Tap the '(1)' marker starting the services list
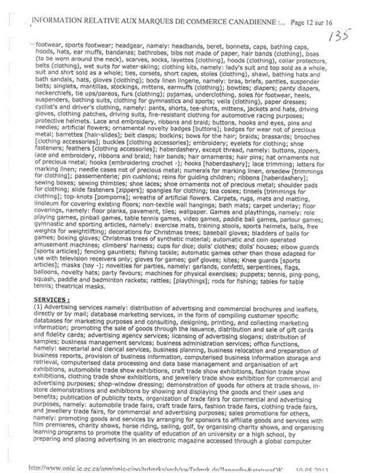[x=39, y=309]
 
